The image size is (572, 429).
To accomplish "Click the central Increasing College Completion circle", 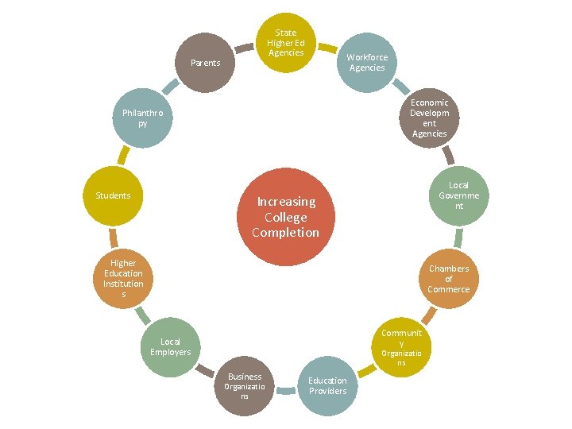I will coord(285,217).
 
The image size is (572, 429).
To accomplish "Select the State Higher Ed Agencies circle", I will coord(286,43).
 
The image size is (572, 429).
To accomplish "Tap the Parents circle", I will coord(206,63).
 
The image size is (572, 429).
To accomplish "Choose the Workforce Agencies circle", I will coord(367,63).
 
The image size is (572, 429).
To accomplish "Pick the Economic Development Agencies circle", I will coord(429,118).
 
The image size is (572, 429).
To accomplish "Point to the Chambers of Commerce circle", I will coord(449,278).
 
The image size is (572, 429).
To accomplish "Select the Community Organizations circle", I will coord(402,347).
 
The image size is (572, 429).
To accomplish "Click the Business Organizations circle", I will coord(245,385).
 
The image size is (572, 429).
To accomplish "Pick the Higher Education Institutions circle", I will coord(123,278).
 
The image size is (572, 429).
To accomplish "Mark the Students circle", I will coord(113,195).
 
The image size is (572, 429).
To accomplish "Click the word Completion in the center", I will coord(285,233).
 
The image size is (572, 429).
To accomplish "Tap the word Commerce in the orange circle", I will coord(449,289).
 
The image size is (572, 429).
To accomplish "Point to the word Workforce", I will coord(367,57).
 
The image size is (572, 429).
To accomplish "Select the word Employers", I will coord(171,352).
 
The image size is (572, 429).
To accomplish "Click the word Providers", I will coord(328,391).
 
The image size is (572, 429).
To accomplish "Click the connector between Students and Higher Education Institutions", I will coord(114,238).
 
